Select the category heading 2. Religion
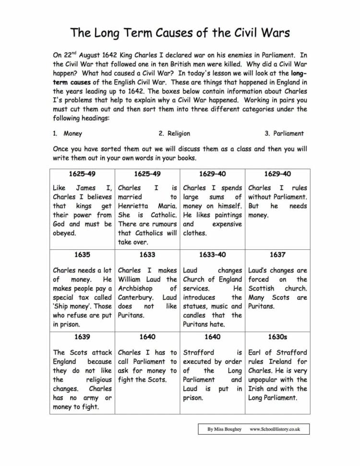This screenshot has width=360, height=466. pos(174,134)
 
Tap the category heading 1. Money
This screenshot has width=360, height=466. pos(68,134)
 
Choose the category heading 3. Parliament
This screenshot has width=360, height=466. pos(284,134)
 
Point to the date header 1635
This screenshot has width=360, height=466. pos(82,255)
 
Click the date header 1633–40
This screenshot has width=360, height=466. pos(212,255)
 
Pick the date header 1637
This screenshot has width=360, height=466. pos(277,255)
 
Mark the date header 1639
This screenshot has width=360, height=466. pos(82,337)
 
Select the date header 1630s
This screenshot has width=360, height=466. pos(277,337)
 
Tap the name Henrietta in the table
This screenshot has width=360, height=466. pos(134,206)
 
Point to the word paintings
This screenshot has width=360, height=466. pos(228,215)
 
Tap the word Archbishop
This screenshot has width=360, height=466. pos(135,288)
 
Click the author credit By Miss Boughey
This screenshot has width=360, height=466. pos(225,429)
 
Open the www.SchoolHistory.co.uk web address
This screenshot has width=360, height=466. pos(275,429)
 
